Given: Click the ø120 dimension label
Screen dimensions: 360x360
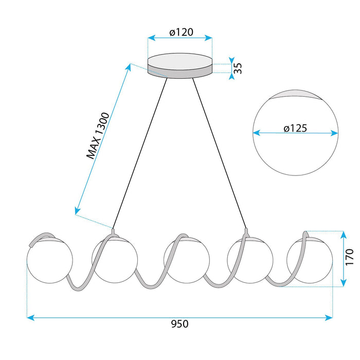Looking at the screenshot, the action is pos(181,32).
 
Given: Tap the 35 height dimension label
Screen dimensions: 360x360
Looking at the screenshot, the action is pos(238,68).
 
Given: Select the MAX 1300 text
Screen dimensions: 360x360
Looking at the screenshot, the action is pos(98,136).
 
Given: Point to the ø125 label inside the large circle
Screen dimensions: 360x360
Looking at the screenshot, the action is pos(295,128).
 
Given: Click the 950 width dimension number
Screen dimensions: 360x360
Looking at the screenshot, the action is pos(180,323).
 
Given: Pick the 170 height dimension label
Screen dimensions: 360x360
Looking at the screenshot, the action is pos(349,257).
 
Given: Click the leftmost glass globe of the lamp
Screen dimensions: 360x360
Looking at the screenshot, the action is pos(50,260).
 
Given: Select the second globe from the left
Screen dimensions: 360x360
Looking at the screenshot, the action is pos(115,260).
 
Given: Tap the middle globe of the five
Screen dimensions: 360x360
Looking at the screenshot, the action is pos(187,260).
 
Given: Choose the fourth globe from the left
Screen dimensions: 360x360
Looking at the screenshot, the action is pos(250,260).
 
